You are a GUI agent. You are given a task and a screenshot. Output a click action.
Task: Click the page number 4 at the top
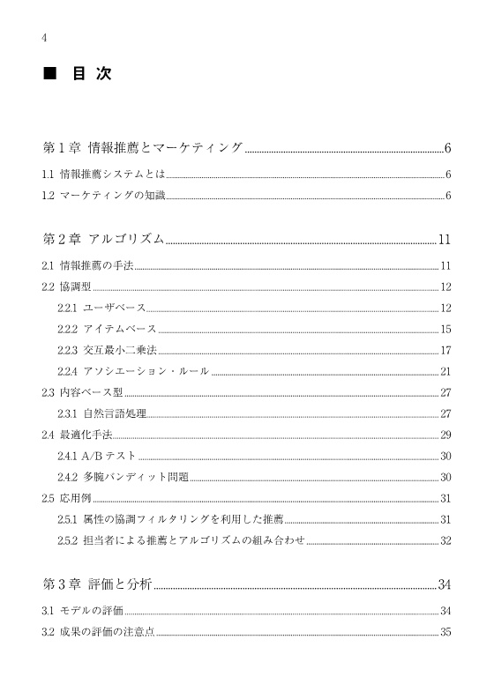(44, 37)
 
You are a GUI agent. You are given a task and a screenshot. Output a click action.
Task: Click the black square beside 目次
(50, 74)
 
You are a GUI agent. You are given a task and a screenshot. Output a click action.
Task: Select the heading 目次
(93, 74)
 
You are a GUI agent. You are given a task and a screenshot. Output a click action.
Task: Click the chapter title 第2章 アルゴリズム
(104, 239)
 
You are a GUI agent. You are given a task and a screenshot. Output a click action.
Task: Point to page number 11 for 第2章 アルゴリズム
(445, 239)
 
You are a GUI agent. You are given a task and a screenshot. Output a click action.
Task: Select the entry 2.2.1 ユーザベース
(101, 308)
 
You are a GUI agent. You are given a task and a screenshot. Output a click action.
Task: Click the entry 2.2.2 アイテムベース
(107, 329)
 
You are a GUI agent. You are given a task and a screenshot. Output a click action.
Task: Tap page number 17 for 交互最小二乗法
(445, 350)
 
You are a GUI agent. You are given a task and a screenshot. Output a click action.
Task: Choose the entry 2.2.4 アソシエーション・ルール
(133, 371)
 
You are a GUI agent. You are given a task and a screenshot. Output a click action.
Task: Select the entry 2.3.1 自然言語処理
(101, 413)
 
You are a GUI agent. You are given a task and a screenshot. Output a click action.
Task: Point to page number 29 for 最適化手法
(445, 435)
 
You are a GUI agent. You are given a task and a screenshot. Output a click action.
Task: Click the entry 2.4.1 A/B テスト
(97, 456)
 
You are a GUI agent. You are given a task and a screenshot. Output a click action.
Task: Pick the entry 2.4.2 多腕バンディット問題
(123, 477)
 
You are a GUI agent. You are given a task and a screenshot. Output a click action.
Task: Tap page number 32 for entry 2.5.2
(445, 540)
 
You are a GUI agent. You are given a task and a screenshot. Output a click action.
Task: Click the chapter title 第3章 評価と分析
(98, 584)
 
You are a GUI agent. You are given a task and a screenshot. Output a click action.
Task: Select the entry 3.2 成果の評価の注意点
(99, 632)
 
